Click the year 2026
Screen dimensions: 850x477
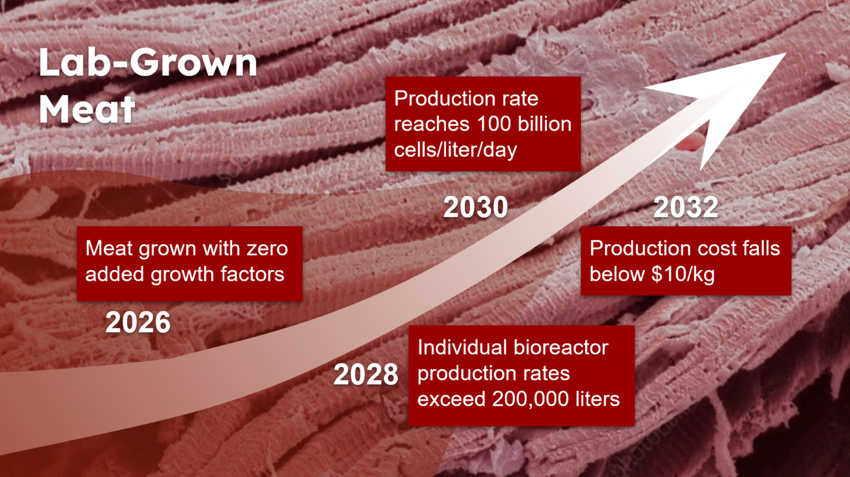point(138,322)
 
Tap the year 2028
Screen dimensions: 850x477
point(366,375)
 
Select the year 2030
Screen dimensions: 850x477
point(476,207)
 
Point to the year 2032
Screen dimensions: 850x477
point(686,207)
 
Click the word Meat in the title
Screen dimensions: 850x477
point(87,109)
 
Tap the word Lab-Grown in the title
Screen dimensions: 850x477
point(148,63)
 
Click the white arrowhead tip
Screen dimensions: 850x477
point(785,54)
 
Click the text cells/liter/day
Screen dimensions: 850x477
point(455,150)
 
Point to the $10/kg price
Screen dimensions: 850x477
point(683,274)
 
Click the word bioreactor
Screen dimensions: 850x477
point(561,348)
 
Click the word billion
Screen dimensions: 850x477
point(544,124)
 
